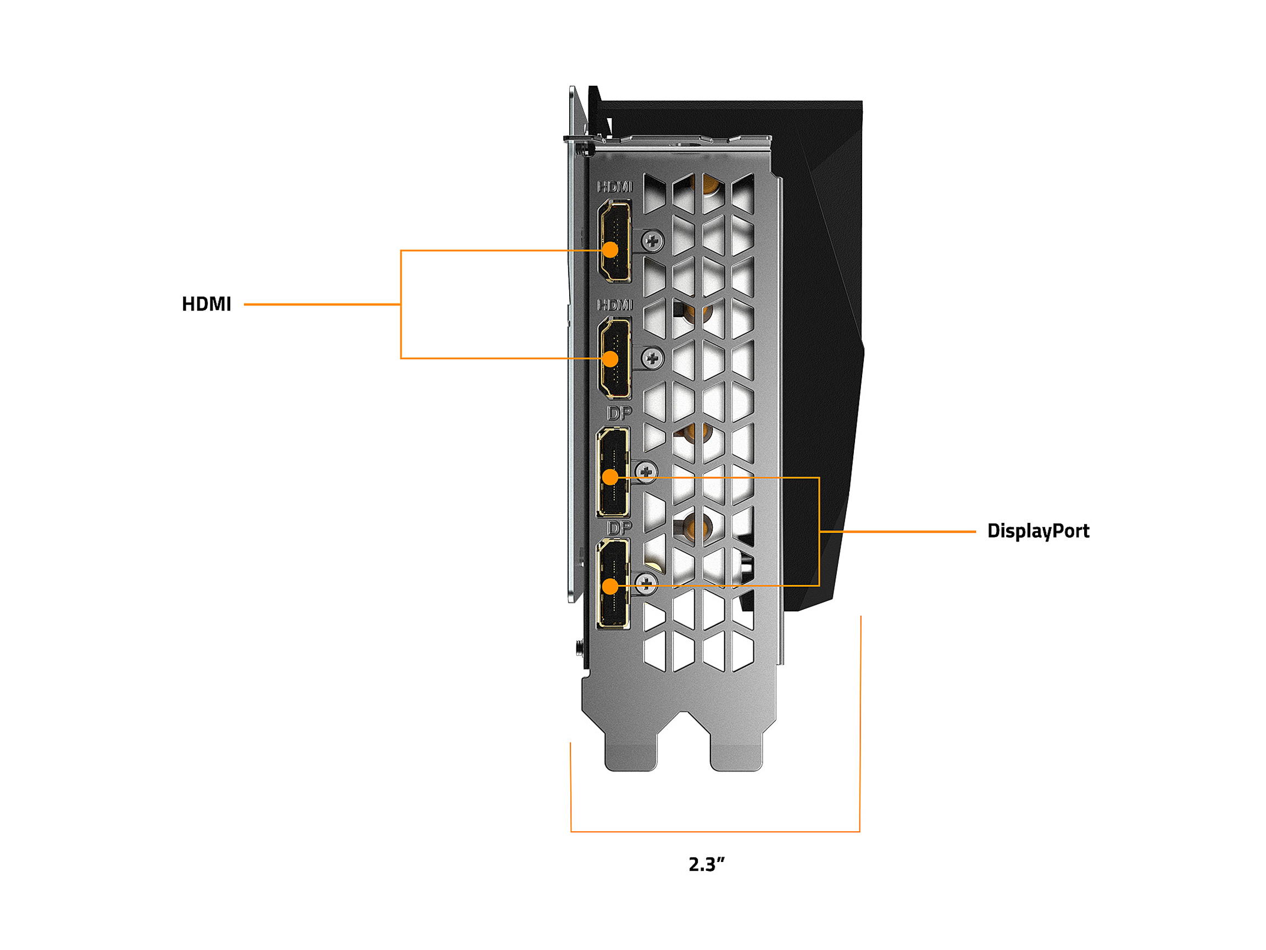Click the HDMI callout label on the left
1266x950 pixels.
[x=206, y=304]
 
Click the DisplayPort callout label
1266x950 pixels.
[x=1037, y=531]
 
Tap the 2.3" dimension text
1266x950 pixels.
[x=706, y=864]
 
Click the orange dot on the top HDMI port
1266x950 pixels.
[x=610, y=250]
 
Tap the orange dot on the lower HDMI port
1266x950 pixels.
[x=610, y=359]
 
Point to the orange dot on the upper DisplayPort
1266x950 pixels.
[x=610, y=477]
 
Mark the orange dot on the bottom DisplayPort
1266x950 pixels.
[x=610, y=587]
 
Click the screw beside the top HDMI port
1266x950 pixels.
[x=652, y=241]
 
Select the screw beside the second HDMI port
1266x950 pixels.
[x=652, y=358]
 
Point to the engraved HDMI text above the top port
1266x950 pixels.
[x=615, y=187]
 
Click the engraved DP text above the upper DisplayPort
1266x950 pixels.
[x=619, y=413]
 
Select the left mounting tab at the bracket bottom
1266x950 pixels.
[x=631, y=750]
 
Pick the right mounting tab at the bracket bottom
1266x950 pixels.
[x=736, y=750]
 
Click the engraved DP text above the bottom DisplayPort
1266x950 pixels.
[x=619, y=527]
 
